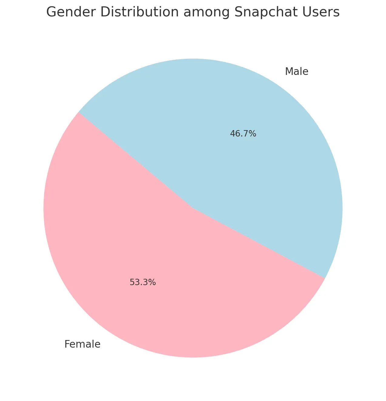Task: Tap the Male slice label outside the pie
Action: pyautogui.click(x=296, y=72)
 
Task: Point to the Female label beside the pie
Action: pyautogui.click(x=82, y=344)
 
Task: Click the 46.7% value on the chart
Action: pyautogui.click(x=243, y=133)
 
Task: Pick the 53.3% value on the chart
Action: pyautogui.click(x=143, y=282)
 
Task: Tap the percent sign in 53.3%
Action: pyautogui.click(x=153, y=282)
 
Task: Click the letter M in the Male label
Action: pyautogui.click(x=289, y=72)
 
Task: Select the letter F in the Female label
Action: pyautogui.click(x=67, y=344)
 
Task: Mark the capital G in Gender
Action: pyautogui.click(x=52, y=13)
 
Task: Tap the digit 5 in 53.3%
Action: pyautogui.click(x=132, y=282)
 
